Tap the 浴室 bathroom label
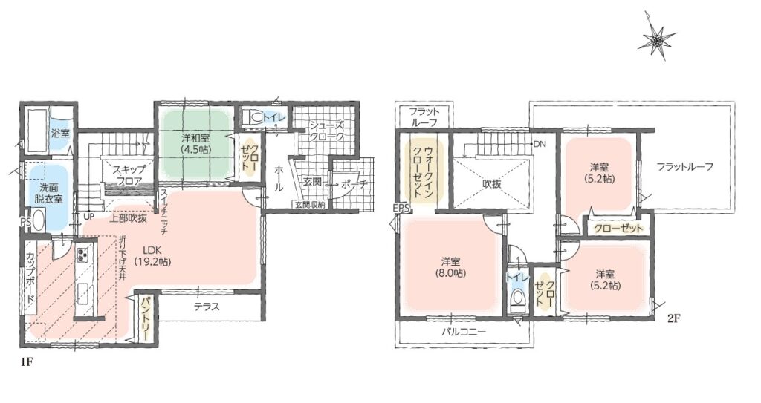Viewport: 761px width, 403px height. point(61,134)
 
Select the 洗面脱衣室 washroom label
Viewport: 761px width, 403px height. point(48,193)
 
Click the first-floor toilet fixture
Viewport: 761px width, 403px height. point(253,117)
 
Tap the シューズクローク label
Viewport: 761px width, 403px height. point(327,131)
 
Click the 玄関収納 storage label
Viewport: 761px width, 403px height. point(309,204)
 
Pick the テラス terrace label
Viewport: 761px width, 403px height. point(207,307)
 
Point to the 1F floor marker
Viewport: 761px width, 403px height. point(25,363)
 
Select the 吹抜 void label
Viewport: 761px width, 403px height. point(492,184)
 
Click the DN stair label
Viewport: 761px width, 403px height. point(539,144)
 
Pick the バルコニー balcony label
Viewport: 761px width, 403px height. point(464,332)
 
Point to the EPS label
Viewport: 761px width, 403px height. point(402,209)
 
